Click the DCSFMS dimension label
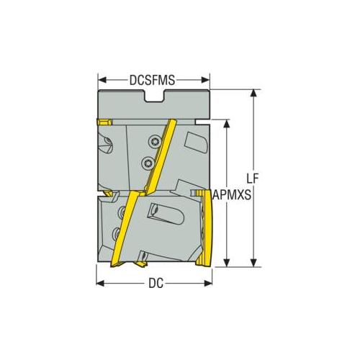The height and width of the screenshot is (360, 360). pyautogui.click(x=152, y=80)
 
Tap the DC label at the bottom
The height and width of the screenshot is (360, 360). pyautogui.click(x=156, y=284)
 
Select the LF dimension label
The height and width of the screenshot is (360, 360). pyautogui.click(x=253, y=179)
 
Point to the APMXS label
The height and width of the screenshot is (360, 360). pyautogui.click(x=232, y=194)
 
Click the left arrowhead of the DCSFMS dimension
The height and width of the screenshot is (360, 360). pyautogui.click(x=102, y=80)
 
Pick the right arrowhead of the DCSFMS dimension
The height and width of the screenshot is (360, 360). pyautogui.click(x=205, y=80)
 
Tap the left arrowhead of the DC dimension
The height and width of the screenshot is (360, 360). pyautogui.click(x=100, y=283)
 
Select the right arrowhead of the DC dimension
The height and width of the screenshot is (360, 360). pyautogui.click(x=208, y=283)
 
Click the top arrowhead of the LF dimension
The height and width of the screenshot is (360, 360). pyautogui.click(x=253, y=94)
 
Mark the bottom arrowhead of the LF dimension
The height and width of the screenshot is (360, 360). pyautogui.click(x=253, y=263)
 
